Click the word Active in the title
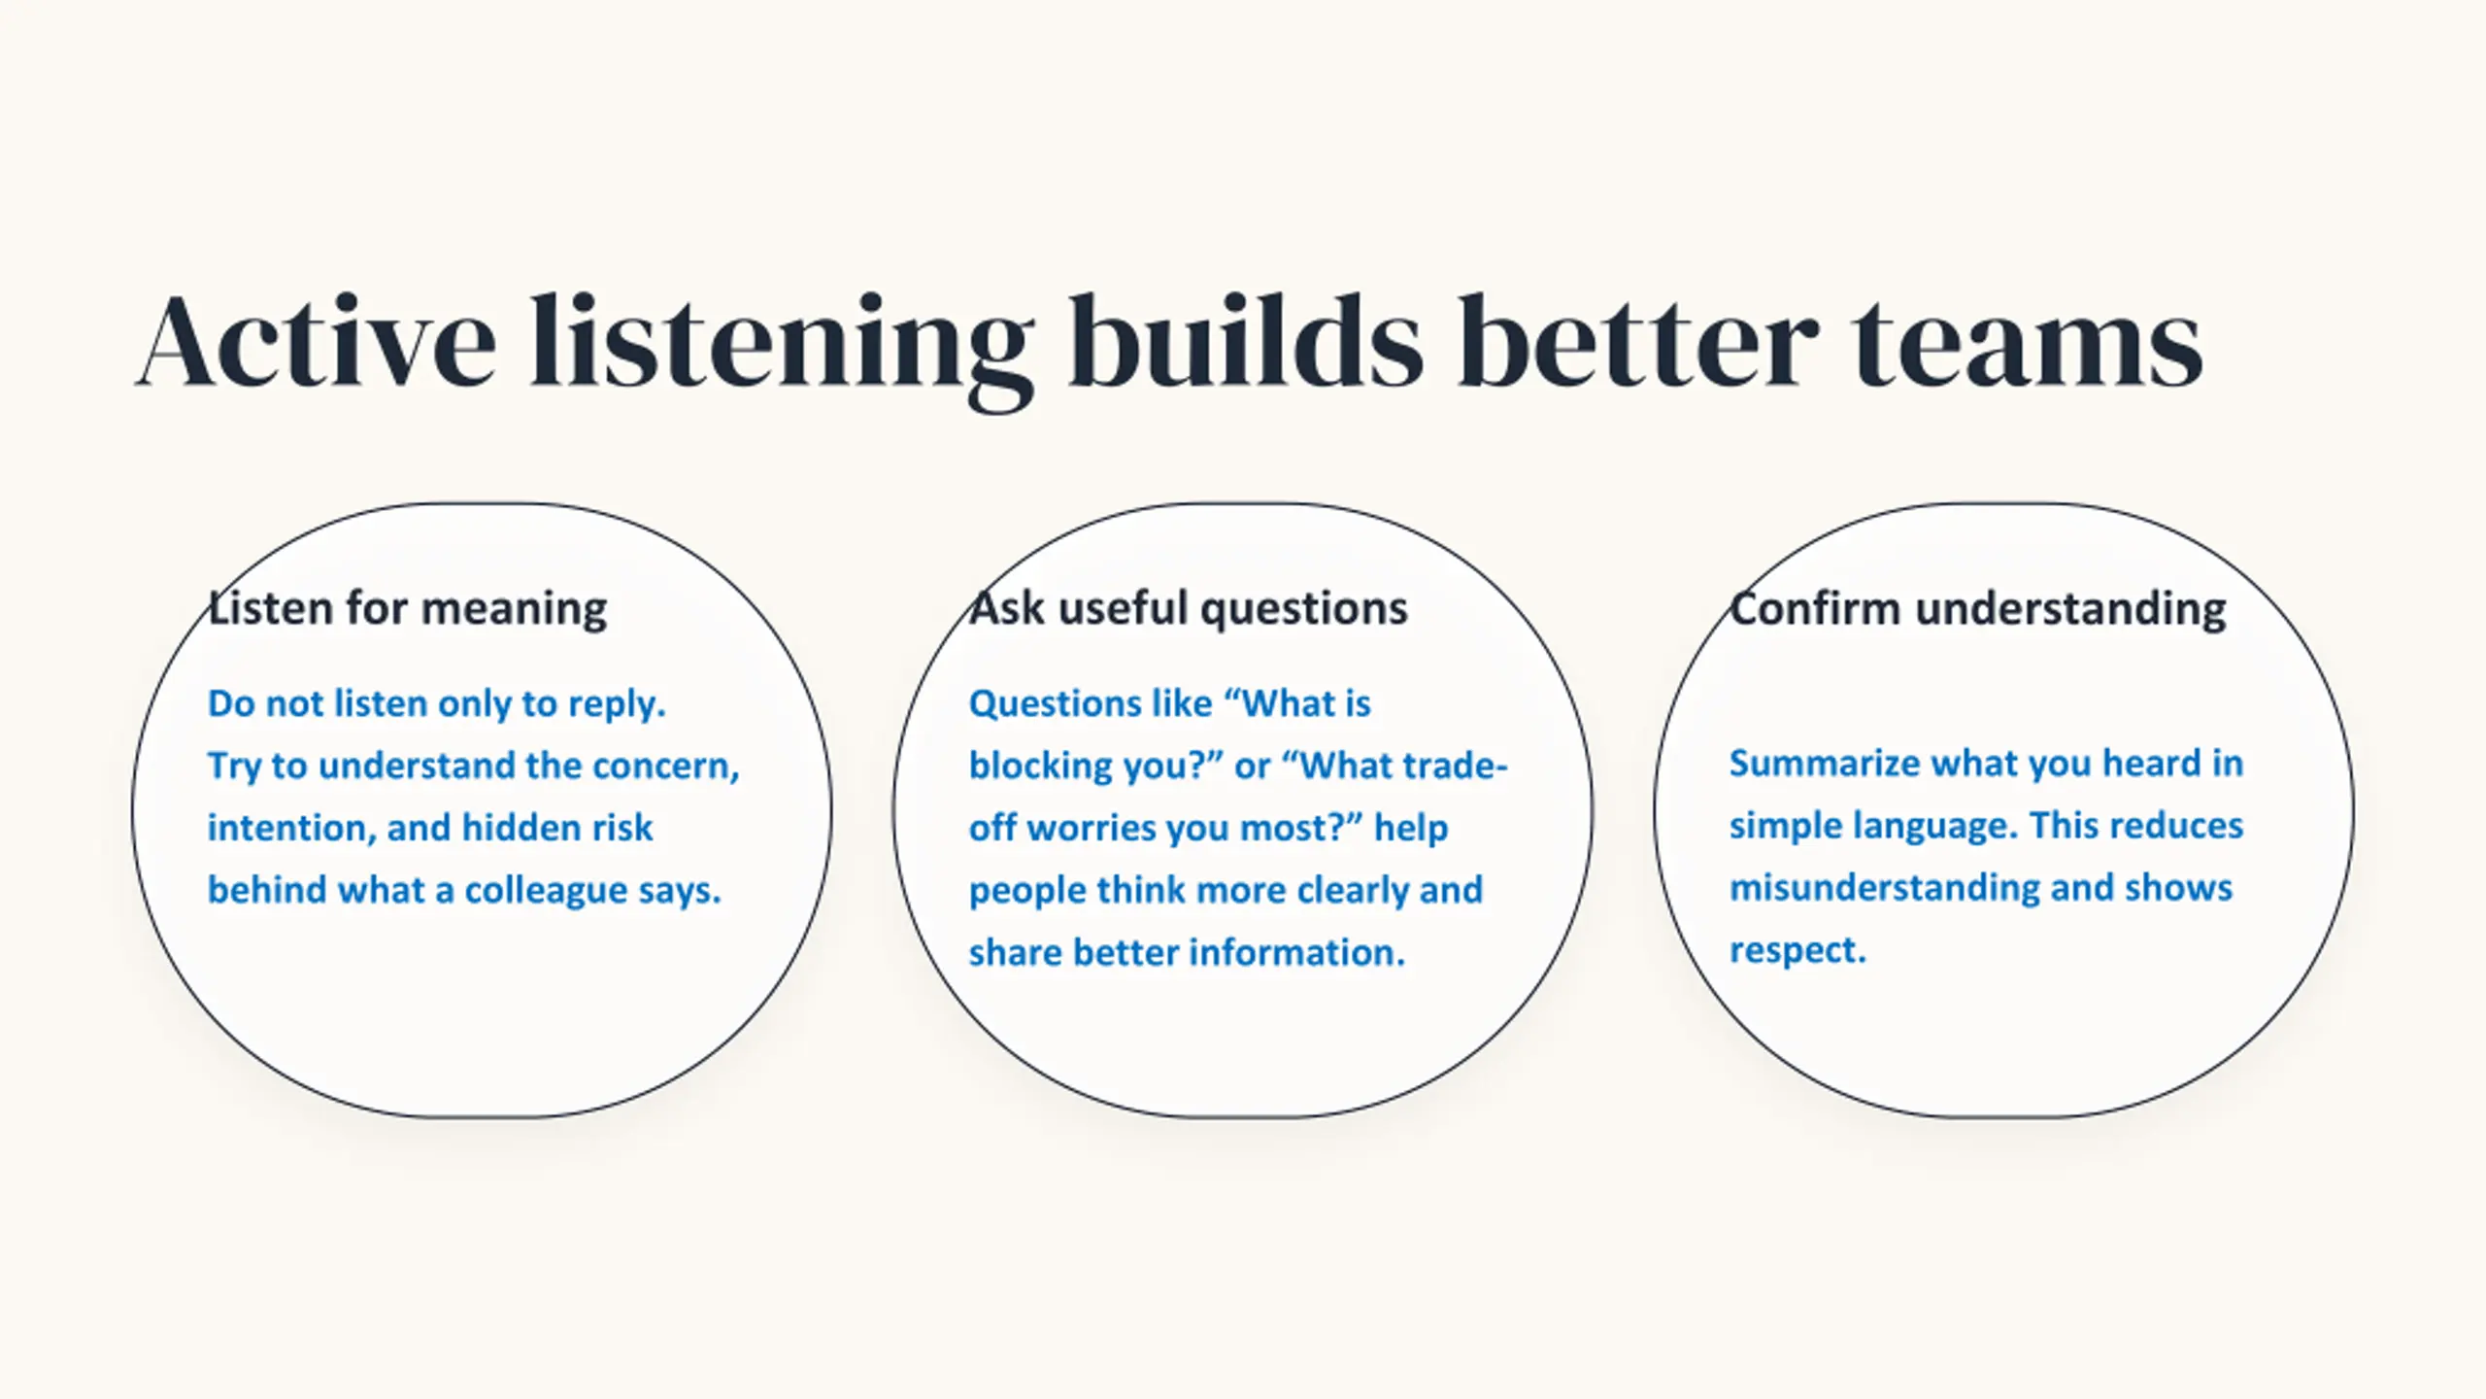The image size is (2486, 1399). coord(317,343)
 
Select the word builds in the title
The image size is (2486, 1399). coord(1246,341)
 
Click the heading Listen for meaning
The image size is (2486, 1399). coord(408,609)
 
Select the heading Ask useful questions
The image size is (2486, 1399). coord(1189,609)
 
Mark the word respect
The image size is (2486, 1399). coord(1797,951)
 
